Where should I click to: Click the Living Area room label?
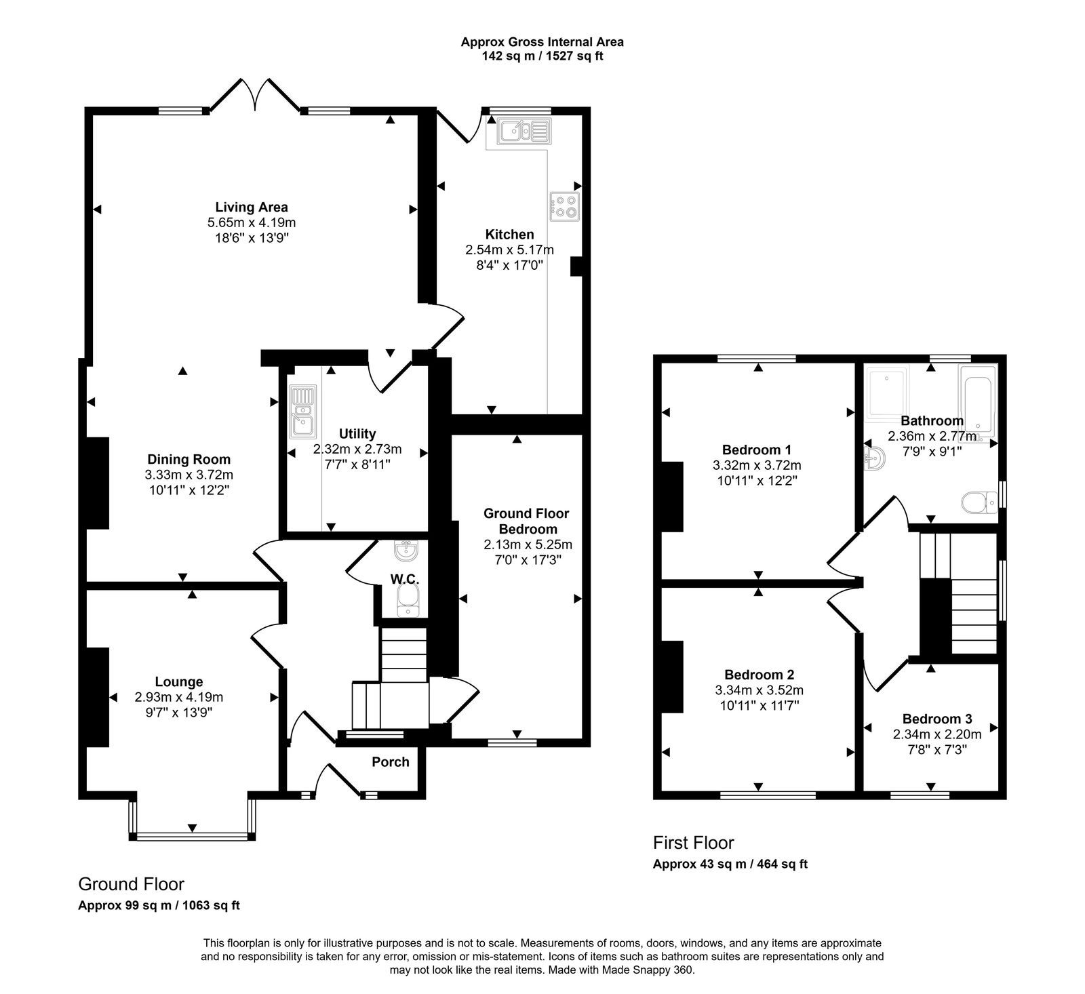coord(252,207)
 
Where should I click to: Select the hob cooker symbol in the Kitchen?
coord(565,207)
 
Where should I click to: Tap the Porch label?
coord(391,762)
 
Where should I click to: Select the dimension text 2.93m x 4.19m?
coord(179,697)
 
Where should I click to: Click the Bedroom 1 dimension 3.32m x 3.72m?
coord(757,465)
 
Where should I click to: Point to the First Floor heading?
coord(693,843)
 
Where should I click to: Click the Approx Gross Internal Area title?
coord(542,42)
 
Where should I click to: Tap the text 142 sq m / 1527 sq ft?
coord(542,56)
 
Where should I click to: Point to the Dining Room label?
coord(189,460)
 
